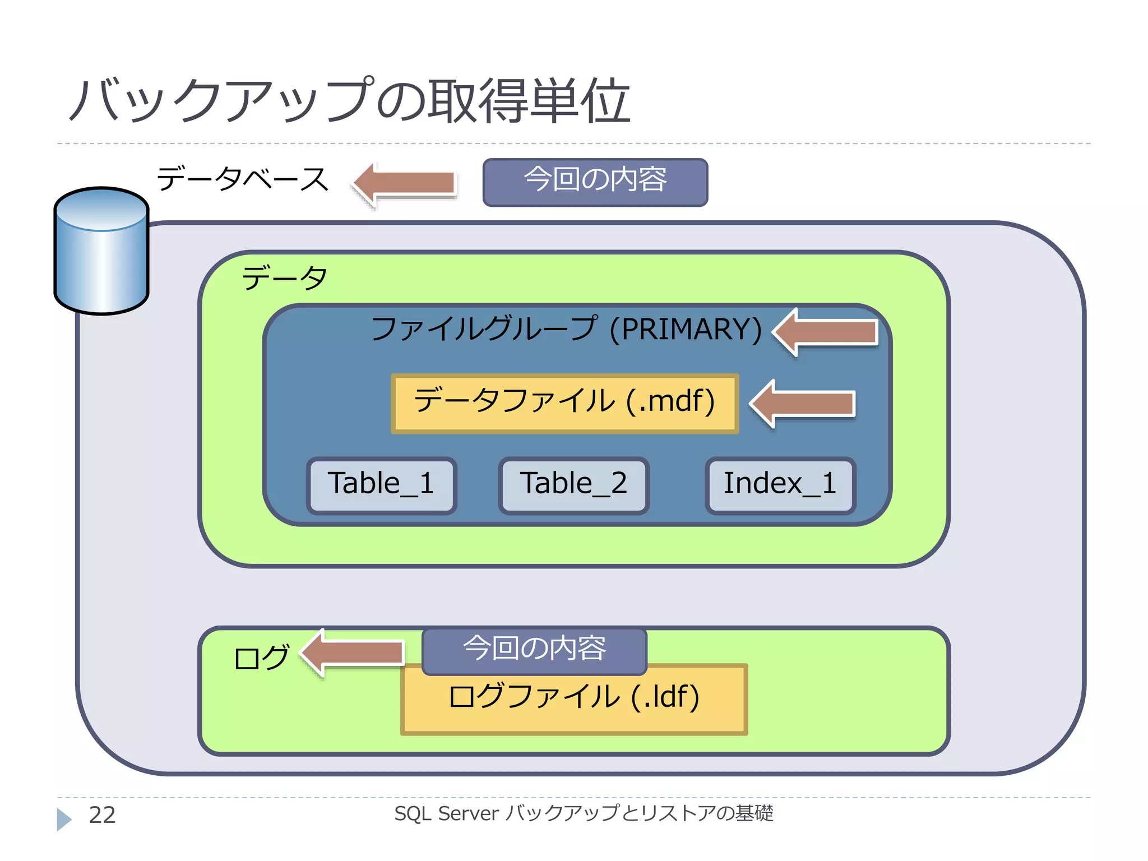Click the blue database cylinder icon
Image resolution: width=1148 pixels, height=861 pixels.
pyautogui.click(x=101, y=251)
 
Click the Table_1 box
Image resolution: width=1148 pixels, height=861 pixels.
pyautogui.click(x=381, y=485)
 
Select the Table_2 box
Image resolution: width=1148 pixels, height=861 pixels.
pyautogui.click(x=573, y=485)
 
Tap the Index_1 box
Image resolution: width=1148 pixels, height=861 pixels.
pyautogui.click(x=780, y=485)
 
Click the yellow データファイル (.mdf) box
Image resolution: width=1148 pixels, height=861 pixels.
pyautogui.click(x=564, y=403)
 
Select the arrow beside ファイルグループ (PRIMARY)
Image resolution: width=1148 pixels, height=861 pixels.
pyautogui.click(x=826, y=331)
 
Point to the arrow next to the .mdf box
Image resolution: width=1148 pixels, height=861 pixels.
pyautogui.click(x=803, y=403)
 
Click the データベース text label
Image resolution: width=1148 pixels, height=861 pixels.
pyautogui.click(x=242, y=179)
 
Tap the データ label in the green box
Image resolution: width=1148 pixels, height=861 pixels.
pyautogui.click(x=284, y=278)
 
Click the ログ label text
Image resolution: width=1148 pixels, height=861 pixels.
pyautogui.click(x=261, y=658)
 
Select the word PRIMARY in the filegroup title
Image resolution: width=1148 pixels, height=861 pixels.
pyautogui.click(x=685, y=330)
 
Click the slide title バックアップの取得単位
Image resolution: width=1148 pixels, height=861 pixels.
pyautogui.click(x=350, y=101)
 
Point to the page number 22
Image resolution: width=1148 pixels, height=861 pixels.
pyautogui.click(x=102, y=815)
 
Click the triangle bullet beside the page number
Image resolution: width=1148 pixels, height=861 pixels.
pyautogui.click(x=63, y=819)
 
